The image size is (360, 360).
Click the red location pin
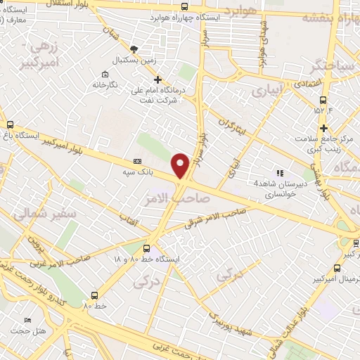[181, 165]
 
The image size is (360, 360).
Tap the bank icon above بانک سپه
[137, 162]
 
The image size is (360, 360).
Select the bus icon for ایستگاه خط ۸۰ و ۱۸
[146, 248]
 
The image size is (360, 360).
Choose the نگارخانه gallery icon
[105, 75]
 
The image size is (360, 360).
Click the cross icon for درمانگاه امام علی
[157, 80]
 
